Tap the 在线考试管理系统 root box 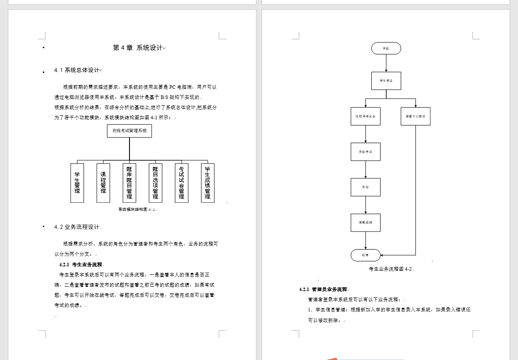129,131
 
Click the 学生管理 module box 77,183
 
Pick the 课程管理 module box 103,183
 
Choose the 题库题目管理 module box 129,183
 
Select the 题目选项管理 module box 156,183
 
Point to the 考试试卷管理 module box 182,183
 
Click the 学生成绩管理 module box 208,183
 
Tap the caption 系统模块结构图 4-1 137,209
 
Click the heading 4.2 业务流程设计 77,227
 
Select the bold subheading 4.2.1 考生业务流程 81,265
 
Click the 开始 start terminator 386,48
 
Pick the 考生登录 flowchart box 386,81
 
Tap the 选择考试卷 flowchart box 366,116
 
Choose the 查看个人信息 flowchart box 415,116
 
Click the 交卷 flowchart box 366,187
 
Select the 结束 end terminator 366,255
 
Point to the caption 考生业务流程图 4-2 391,269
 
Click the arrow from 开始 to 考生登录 386,63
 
